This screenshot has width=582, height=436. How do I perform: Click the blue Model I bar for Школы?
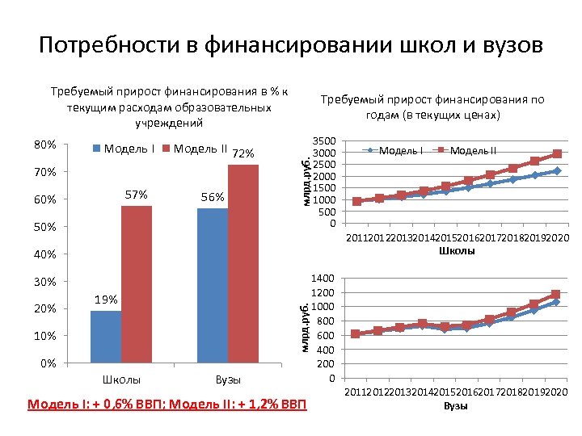(x=106, y=337)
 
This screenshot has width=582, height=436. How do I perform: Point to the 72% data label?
(x=243, y=154)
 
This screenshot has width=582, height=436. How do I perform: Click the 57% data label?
(x=137, y=195)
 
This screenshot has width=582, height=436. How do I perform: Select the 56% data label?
(x=213, y=197)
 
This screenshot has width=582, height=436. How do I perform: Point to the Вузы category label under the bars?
(x=228, y=379)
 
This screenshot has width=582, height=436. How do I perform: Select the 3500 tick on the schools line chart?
(x=325, y=141)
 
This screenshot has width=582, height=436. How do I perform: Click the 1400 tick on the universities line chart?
(x=325, y=277)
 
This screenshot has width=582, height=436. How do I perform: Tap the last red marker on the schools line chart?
(x=557, y=154)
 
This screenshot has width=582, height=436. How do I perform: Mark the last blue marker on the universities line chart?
(x=555, y=302)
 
